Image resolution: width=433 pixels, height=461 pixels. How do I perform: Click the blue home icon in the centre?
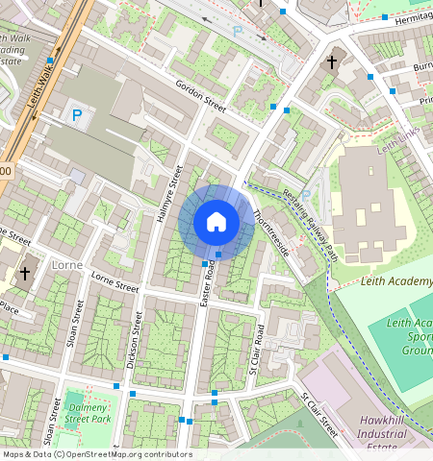216,222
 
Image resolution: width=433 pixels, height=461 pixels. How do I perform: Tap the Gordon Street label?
200,97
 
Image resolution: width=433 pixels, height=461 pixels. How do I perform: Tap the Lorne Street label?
115,280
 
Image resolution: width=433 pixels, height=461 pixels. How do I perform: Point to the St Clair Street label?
318,412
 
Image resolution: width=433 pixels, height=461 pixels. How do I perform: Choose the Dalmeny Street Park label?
87,414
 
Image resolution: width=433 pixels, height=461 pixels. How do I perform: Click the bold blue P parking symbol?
76,116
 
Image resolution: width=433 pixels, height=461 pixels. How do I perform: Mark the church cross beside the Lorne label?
24,275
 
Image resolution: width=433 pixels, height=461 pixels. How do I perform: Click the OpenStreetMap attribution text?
97,454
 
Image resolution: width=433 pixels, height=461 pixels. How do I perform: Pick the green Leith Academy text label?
395,281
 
